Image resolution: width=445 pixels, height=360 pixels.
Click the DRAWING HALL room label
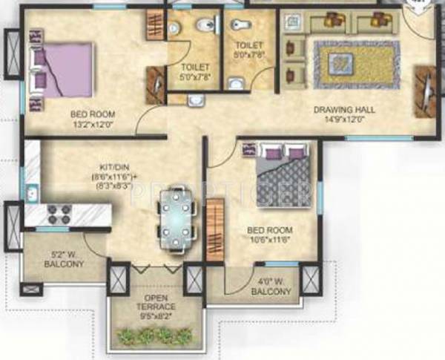click(x=343, y=110)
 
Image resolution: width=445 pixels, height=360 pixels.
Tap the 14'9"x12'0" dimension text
click(x=343, y=120)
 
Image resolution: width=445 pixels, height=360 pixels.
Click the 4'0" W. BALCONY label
click(x=270, y=287)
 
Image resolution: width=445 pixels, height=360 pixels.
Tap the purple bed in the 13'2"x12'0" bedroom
click(x=63, y=69)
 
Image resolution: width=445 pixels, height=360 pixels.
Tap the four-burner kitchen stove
click(x=59, y=215)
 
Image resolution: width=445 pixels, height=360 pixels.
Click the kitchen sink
click(x=31, y=195)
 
